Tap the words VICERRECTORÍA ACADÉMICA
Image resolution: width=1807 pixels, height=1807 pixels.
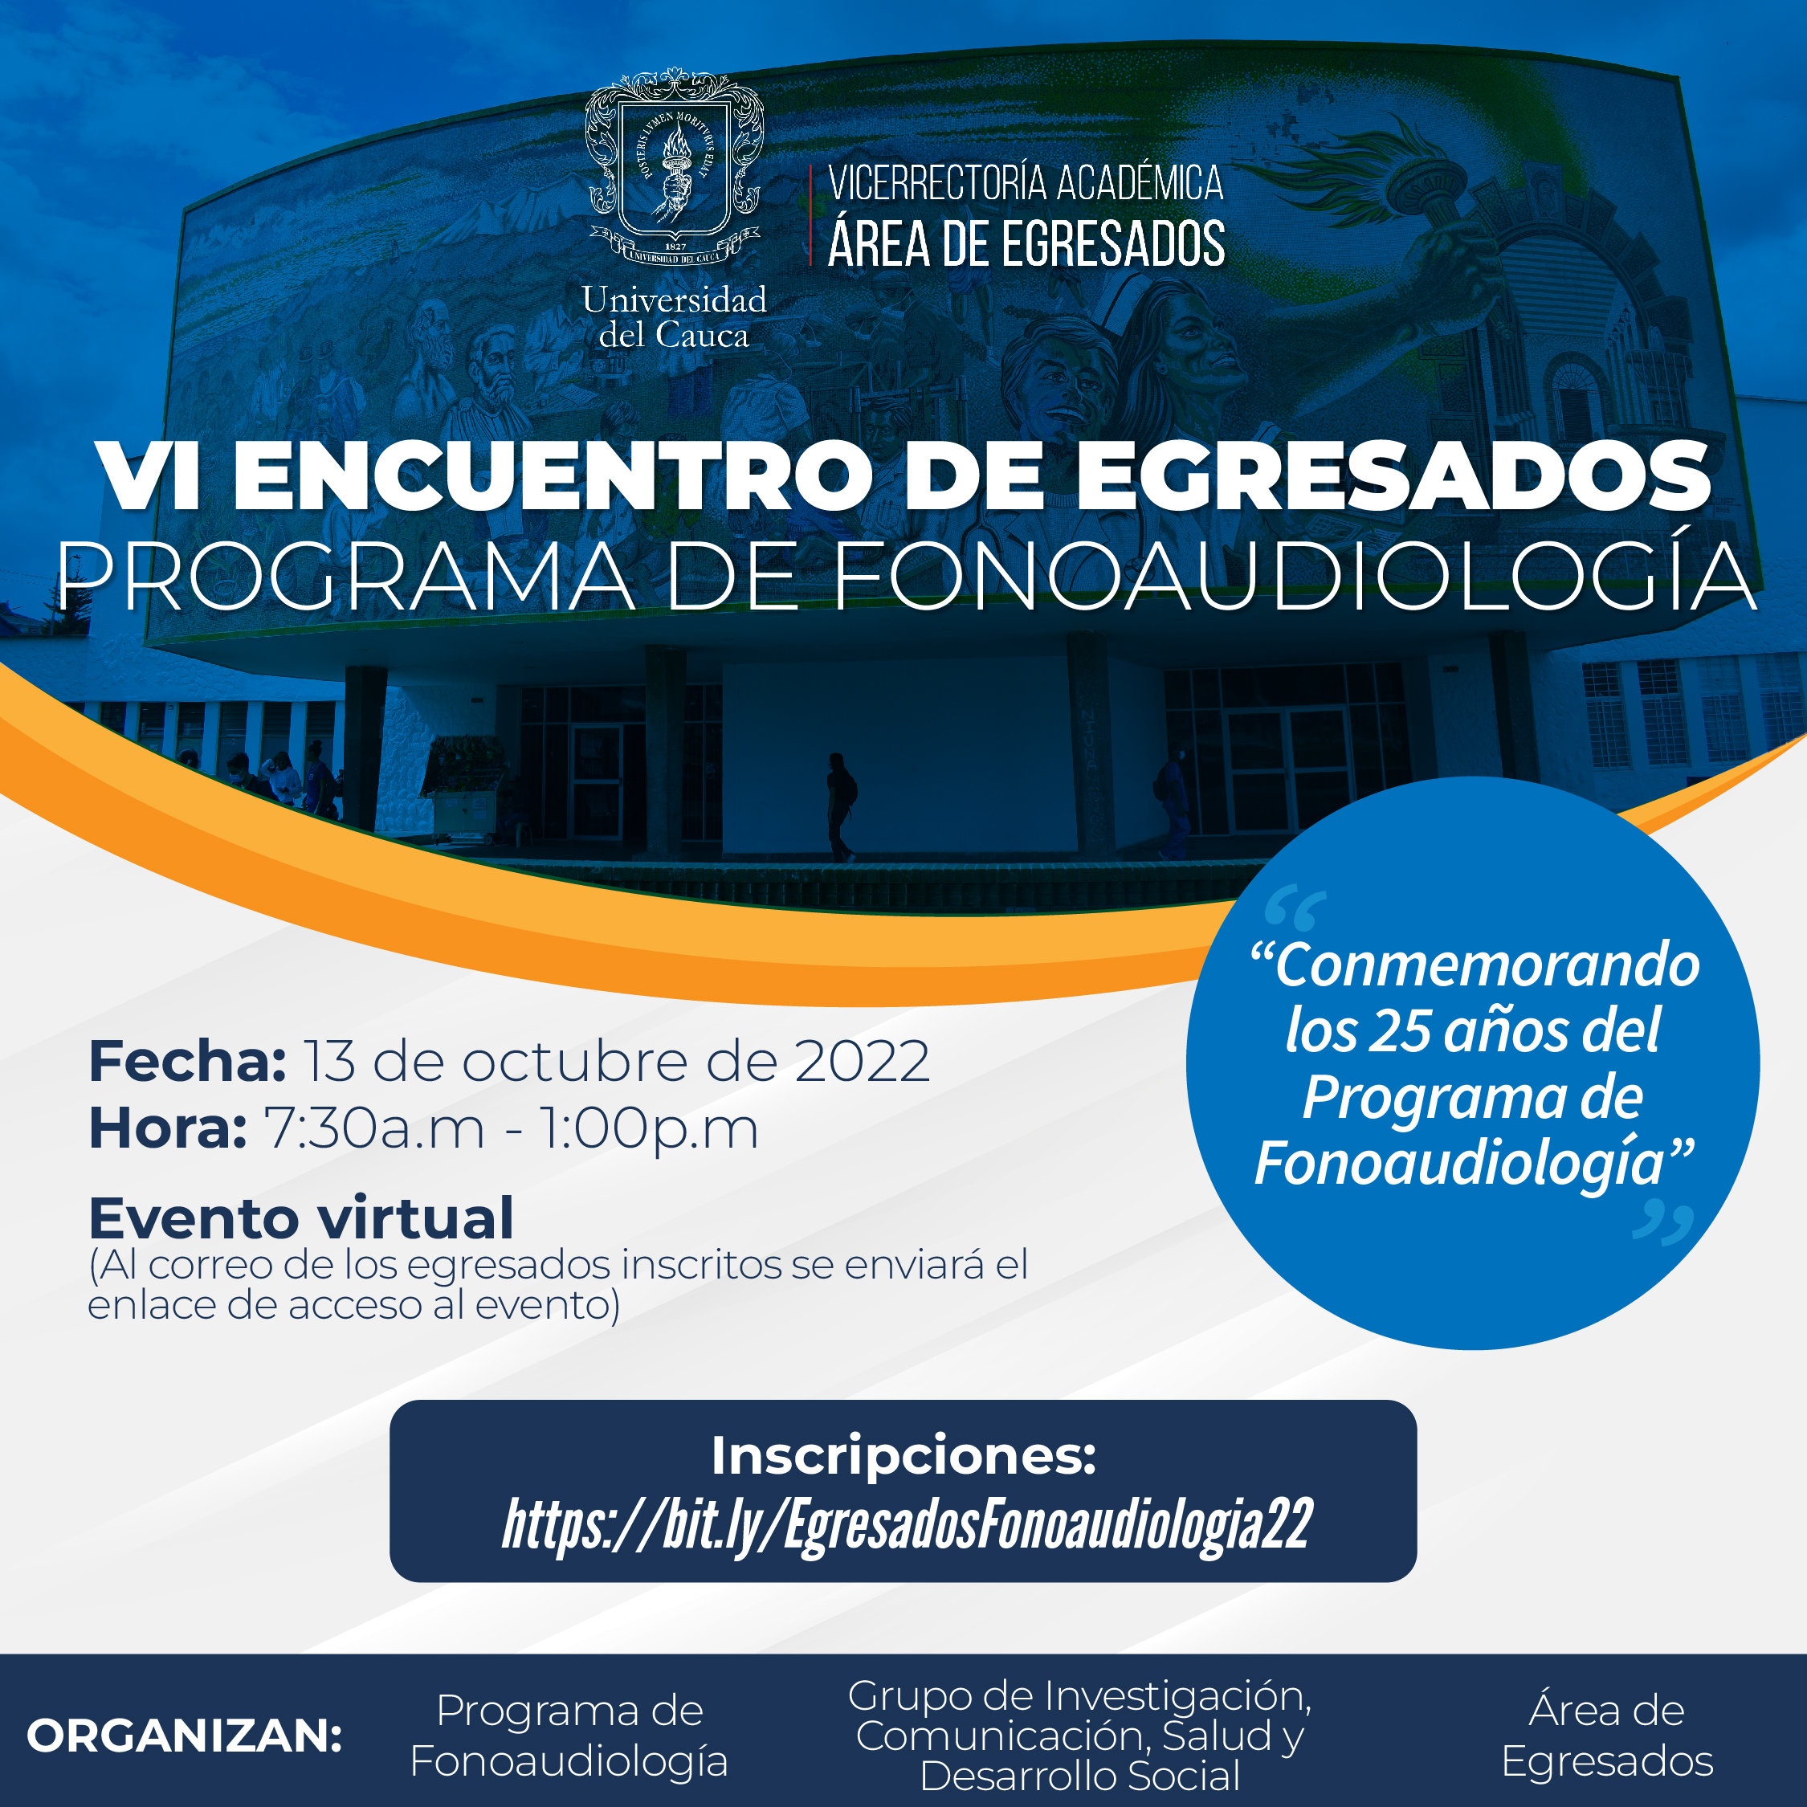[x=1026, y=183]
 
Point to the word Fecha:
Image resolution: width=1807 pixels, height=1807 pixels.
[x=187, y=1061]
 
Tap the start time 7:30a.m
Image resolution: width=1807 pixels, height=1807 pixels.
[x=374, y=1128]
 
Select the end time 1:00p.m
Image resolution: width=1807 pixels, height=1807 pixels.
[x=649, y=1128]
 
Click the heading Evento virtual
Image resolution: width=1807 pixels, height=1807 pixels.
[x=301, y=1218]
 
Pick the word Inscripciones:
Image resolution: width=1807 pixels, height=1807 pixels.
[x=903, y=1455]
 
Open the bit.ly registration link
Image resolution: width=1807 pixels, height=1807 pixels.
[x=908, y=1525]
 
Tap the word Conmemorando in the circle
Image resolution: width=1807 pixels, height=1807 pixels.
[x=1487, y=965]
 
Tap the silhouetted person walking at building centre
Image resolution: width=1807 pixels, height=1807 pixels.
[x=840, y=807]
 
